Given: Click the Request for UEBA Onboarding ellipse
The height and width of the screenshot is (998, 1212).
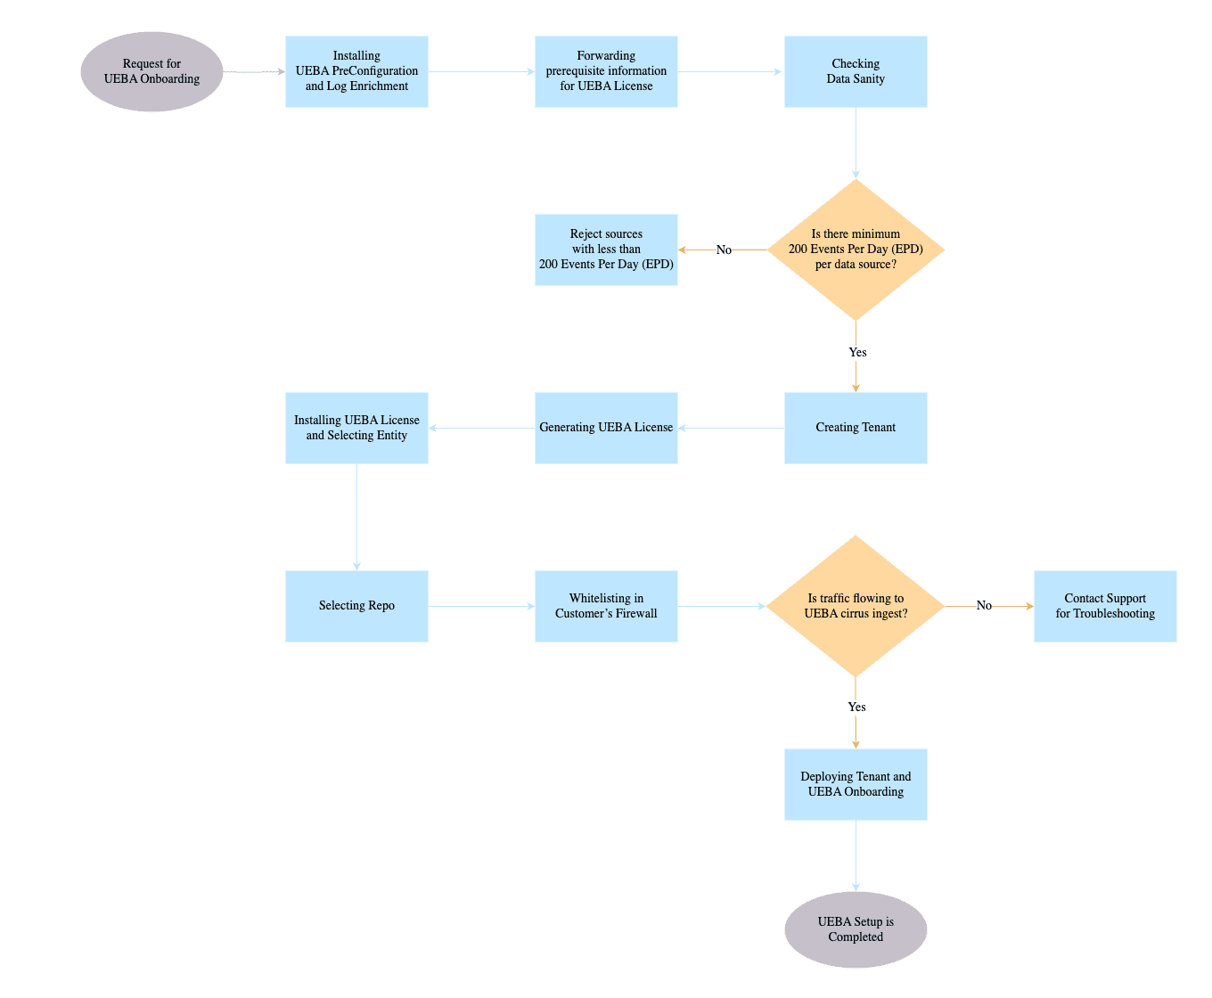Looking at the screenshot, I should coord(151,71).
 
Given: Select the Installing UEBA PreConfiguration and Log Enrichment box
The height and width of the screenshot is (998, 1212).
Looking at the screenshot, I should coord(356,71).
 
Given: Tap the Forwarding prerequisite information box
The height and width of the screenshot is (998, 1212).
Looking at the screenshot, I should coord(606,71).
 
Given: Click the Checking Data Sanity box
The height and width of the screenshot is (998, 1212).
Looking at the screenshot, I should coord(856,71).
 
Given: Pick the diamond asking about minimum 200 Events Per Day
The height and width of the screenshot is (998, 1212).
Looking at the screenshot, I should coord(856,250).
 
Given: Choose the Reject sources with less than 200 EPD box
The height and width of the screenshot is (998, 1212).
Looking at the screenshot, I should coord(606,250).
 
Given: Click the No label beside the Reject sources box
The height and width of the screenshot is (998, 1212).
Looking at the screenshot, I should coord(724,250).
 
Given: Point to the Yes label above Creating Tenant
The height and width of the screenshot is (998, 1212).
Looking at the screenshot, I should coord(857,352).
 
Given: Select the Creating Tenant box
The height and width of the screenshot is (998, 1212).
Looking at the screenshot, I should coord(856,428).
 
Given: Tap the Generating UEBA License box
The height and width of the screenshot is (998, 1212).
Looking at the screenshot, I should coord(606,428).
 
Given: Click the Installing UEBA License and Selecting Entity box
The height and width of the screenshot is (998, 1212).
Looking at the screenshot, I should coord(356,428).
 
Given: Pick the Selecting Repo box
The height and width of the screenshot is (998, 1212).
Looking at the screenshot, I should coord(356,606).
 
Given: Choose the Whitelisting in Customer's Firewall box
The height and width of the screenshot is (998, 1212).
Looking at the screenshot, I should coord(606,606).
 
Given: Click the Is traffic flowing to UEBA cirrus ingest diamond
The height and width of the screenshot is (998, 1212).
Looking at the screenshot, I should coord(856,606).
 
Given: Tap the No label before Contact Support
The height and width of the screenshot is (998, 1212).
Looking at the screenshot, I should coord(984,605).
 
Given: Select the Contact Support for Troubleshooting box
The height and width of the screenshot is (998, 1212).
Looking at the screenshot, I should coord(1105,606).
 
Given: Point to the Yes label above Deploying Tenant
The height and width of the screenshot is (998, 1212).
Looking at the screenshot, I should coord(856,707).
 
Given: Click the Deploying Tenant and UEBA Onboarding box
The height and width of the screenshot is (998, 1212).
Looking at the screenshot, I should coord(856,784).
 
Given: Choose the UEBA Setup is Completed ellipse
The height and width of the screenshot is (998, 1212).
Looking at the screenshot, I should coord(856,929).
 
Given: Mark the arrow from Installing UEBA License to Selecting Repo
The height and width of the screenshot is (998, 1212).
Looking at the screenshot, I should coord(356,517).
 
